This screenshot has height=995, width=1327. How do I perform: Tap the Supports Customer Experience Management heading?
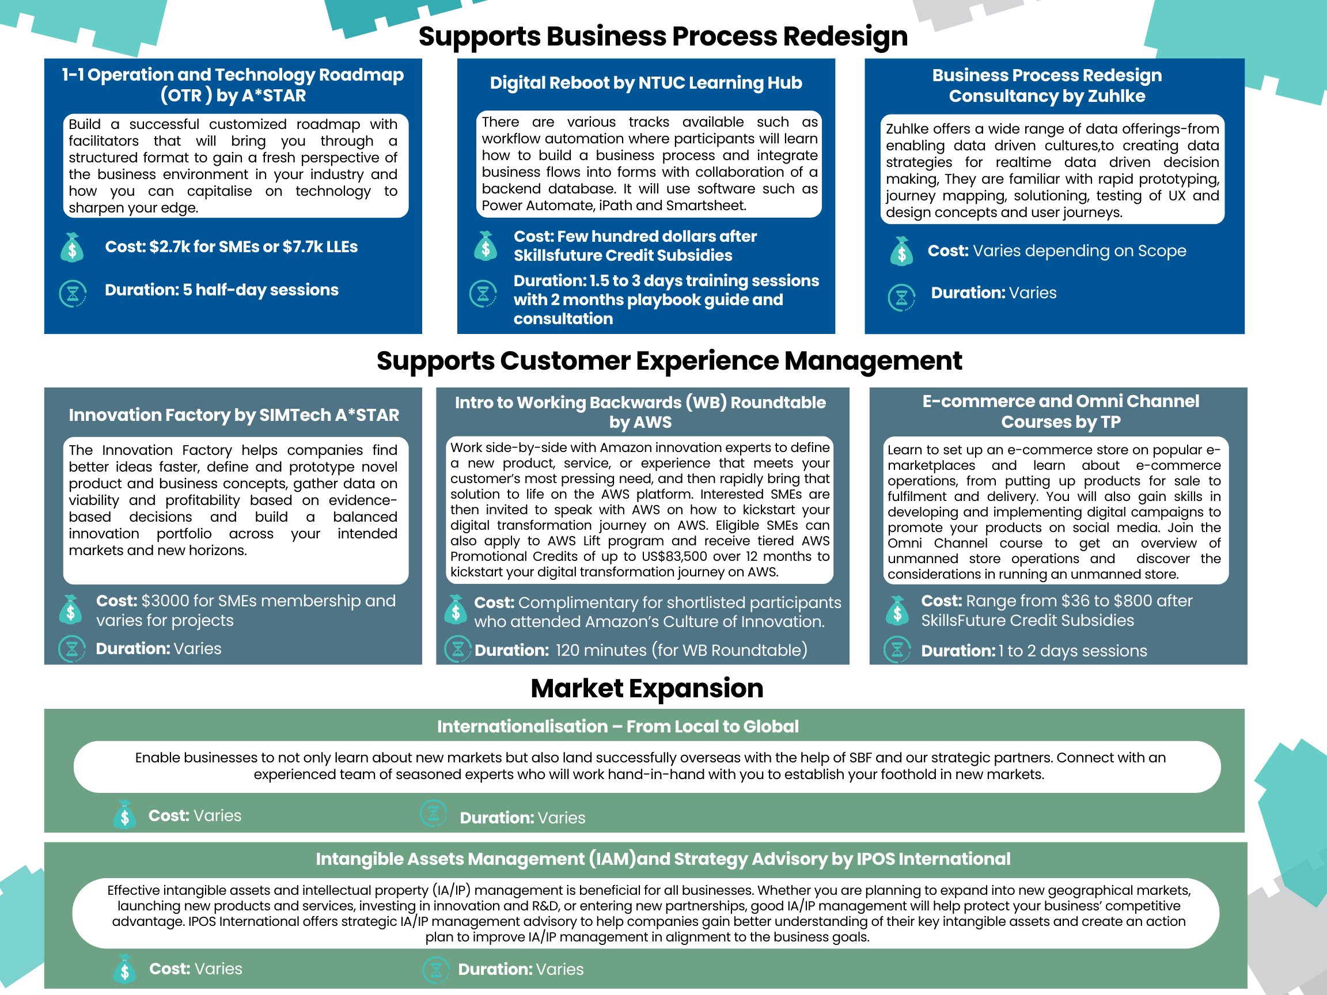click(x=669, y=361)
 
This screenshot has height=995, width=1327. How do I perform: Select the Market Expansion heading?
click(x=647, y=689)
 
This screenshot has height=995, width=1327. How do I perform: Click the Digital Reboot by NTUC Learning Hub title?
click(x=646, y=83)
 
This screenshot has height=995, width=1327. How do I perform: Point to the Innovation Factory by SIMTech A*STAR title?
click(x=233, y=415)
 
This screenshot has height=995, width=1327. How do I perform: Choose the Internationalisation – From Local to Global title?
click(x=617, y=726)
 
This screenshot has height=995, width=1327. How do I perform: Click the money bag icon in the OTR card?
click(x=72, y=247)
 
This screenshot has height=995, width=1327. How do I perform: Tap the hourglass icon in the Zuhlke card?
click(x=901, y=297)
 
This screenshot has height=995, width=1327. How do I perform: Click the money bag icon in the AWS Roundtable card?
click(x=456, y=609)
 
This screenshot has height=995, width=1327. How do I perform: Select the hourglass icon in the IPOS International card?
click(x=436, y=970)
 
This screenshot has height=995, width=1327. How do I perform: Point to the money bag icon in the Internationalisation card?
click(x=125, y=814)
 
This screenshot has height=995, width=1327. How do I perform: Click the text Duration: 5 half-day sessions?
click(x=221, y=290)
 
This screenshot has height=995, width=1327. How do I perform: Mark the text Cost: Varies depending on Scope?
click(x=1056, y=250)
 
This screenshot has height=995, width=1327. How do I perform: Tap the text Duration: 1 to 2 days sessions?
click(x=1034, y=651)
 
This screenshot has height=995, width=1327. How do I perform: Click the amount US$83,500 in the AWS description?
click(x=674, y=557)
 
